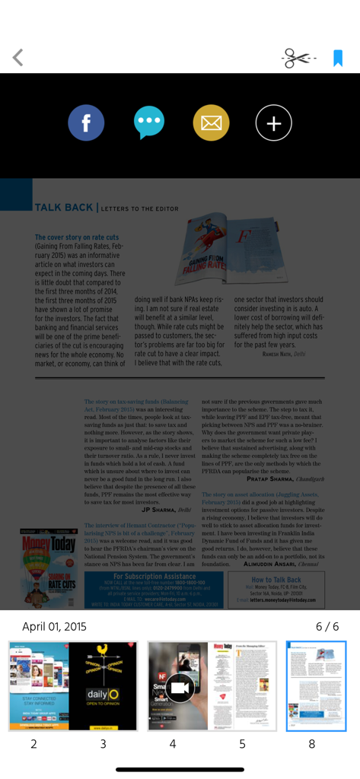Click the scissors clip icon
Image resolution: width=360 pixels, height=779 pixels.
[298, 59]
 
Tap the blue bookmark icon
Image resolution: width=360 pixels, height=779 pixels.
[338, 59]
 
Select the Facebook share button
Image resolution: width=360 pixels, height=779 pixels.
[86, 122]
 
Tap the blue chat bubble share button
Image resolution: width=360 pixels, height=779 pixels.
[148, 122]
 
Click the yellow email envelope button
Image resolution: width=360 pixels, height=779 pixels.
[211, 122]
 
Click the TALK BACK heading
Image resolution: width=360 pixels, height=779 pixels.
[64, 207]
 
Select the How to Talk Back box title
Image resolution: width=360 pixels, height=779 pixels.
[276, 580]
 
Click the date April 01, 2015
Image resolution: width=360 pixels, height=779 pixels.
[55, 627]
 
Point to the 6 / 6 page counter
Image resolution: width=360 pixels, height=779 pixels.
[327, 627]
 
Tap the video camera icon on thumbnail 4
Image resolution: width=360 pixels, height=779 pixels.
[180, 687]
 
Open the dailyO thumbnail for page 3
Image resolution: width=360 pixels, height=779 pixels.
[103, 685]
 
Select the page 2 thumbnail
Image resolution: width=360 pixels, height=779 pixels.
[39, 685]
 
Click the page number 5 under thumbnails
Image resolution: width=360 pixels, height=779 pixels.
[242, 744]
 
